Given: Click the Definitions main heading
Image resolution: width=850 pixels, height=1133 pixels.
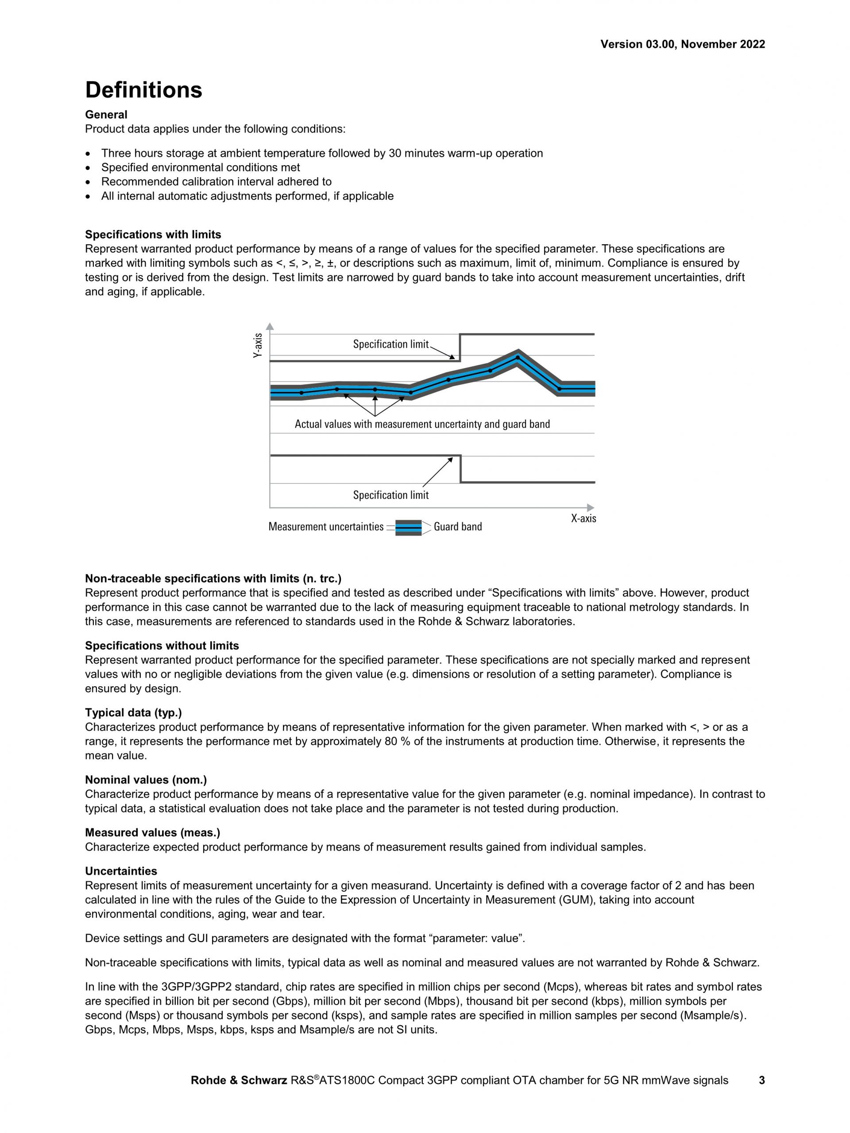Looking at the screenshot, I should (x=143, y=90).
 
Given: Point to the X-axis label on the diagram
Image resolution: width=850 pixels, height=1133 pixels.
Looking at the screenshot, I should (x=583, y=518).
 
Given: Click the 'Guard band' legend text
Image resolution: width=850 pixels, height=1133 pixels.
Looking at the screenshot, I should (x=458, y=526).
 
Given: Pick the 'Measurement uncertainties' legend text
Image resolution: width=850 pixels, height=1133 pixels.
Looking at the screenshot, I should (x=326, y=526).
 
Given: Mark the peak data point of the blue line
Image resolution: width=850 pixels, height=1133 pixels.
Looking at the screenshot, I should (x=517, y=357).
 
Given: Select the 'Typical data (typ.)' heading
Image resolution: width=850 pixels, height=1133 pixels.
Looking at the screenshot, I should (x=133, y=712).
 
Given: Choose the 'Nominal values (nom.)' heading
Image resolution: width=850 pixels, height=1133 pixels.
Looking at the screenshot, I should (x=146, y=780).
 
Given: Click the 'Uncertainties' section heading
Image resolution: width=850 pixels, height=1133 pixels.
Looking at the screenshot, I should (x=121, y=871).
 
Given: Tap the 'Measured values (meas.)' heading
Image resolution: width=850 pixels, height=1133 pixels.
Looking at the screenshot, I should (x=153, y=832).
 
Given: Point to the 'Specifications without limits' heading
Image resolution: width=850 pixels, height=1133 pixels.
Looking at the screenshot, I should (x=162, y=646).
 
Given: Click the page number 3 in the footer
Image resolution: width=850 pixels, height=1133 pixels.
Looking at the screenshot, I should (x=761, y=1080).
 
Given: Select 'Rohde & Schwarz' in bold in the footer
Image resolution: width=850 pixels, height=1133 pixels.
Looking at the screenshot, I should (x=239, y=1080).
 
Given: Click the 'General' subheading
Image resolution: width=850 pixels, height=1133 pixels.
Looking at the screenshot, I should (x=106, y=115).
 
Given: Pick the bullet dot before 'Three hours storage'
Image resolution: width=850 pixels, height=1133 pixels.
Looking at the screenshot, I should (x=89, y=154).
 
